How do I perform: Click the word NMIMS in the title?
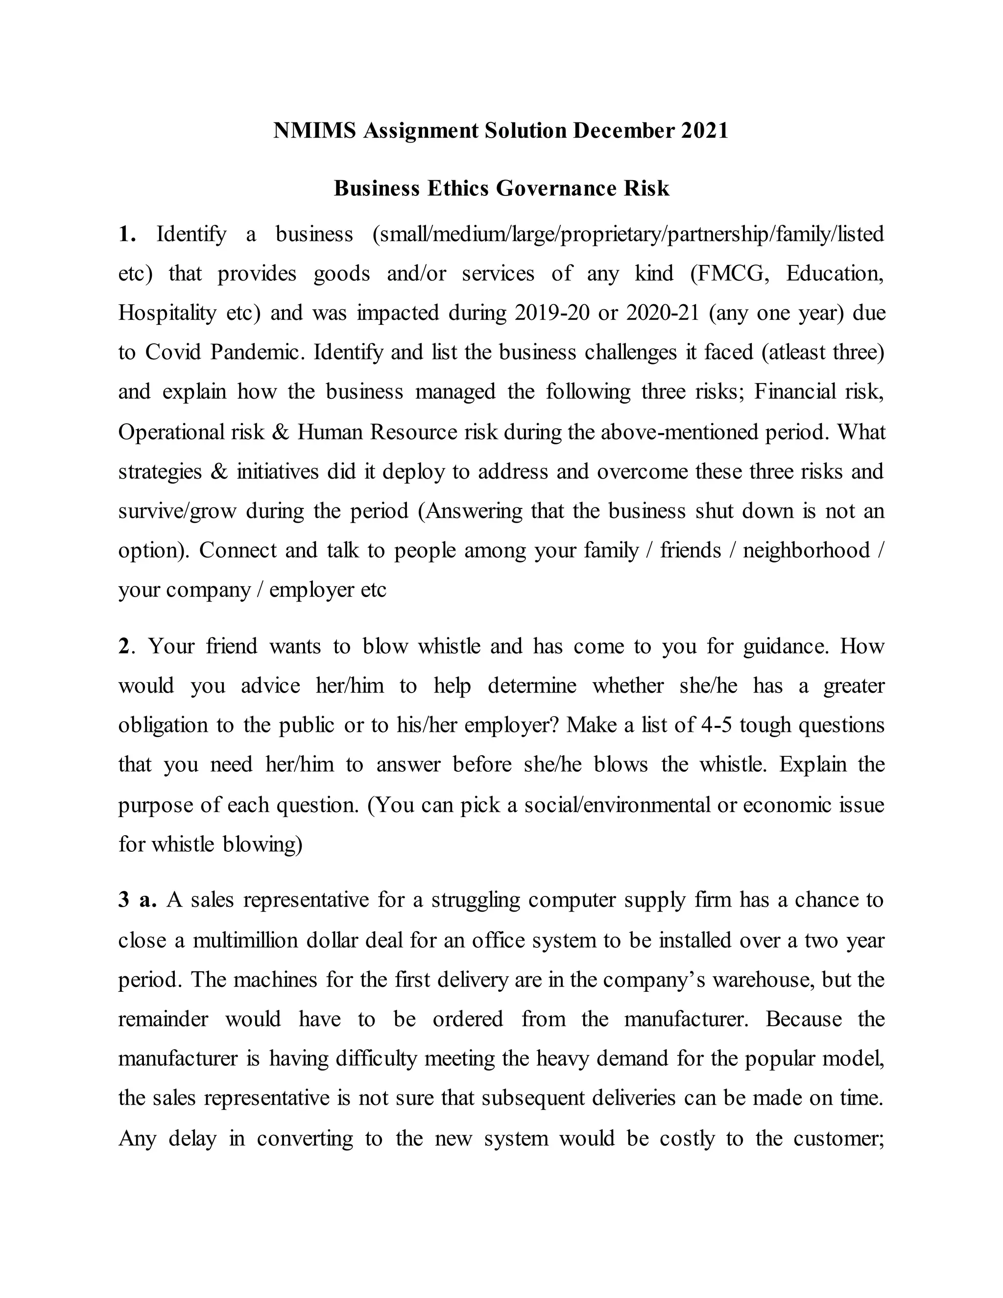314,131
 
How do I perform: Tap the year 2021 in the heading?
705,131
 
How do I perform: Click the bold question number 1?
126,234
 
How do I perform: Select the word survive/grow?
177,511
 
